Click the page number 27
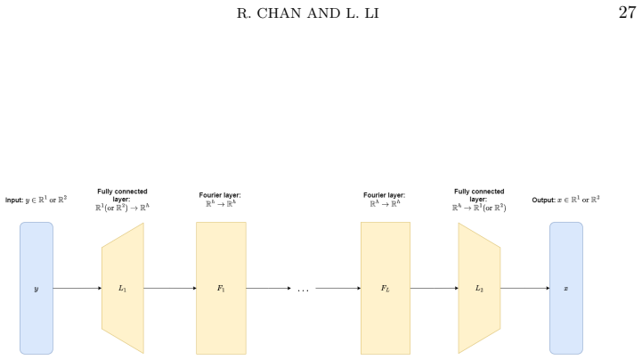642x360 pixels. pyautogui.click(x=627, y=12)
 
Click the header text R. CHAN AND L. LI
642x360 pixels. pyautogui.click(x=308, y=13)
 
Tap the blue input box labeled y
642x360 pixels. pyautogui.click(x=37, y=289)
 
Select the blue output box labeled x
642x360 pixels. pyautogui.click(x=566, y=289)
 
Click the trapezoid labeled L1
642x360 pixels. pyautogui.click(x=123, y=289)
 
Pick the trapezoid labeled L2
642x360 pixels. pyautogui.click(x=479, y=289)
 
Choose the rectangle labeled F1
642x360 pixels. pyautogui.click(x=221, y=289)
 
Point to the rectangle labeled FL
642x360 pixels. pyautogui.click(x=386, y=289)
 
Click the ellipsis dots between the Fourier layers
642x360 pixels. pyautogui.click(x=303, y=290)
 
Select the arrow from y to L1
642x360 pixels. pyautogui.click(x=77, y=289)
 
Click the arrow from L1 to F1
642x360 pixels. pyautogui.click(x=170, y=289)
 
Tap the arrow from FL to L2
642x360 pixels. pyautogui.click(x=435, y=289)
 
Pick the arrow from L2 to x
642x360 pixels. pyautogui.click(x=524, y=289)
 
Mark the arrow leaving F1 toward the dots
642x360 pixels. pyautogui.click(x=269, y=289)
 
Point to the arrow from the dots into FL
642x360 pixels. pyautogui.click(x=338, y=289)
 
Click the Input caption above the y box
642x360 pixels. pyautogui.click(x=36, y=200)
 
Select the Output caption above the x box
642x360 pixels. pyautogui.click(x=565, y=200)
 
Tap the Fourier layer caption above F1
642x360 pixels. pyautogui.click(x=220, y=200)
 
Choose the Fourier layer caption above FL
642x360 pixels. pyautogui.click(x=384, y=200)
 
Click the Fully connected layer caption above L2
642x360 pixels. pyautogui.click(x=479, y=200)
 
